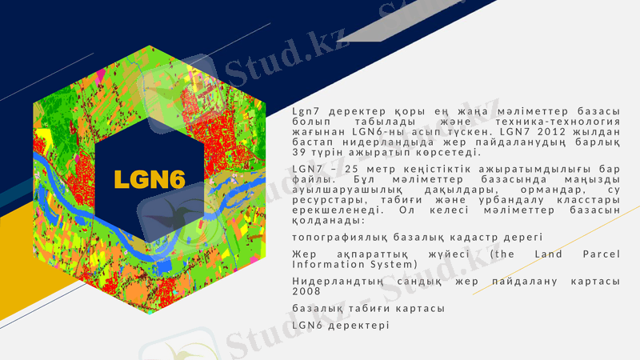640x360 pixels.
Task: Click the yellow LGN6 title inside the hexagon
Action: pyautogui.click(x=150, y=178)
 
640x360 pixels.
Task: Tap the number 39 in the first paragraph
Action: pyautogui.click(x=299, y=152)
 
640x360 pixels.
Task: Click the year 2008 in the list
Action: pyautogui.click(x=306, y=291)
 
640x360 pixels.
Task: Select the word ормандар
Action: pyautogui.click(x=534, y=190)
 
